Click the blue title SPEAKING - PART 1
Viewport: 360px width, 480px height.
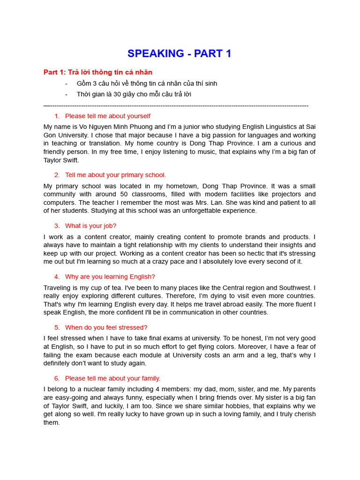(x=180, y=54)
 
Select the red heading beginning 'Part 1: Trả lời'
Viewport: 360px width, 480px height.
(x=97, y=72)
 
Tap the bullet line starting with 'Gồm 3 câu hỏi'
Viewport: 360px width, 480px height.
(x=147, y=83)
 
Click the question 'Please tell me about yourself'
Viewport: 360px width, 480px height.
(x=107, y=116)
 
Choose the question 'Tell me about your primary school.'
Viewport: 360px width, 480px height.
(x=115, y=175)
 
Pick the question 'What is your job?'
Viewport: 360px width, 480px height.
(x=90, y=226)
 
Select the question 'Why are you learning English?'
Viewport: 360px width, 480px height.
(x=110, y=277)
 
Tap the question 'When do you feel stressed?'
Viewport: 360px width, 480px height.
(x=106, y=328)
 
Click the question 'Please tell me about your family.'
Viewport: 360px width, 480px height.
(x=112, y=378)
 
